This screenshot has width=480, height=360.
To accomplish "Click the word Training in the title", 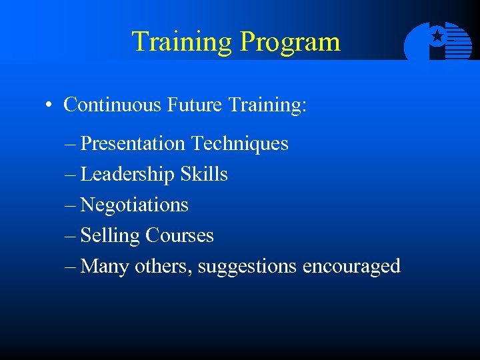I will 182,41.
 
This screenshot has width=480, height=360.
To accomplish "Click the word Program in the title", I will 290,43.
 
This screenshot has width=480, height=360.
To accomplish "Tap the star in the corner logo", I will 437,37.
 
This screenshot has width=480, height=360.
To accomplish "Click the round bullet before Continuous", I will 49,105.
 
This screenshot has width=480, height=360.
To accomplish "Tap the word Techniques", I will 240,144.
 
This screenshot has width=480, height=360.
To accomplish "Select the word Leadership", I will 127,175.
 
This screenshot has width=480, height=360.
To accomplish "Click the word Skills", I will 204,175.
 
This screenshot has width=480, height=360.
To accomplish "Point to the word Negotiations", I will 134,205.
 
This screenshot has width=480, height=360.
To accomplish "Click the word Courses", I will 180,235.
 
